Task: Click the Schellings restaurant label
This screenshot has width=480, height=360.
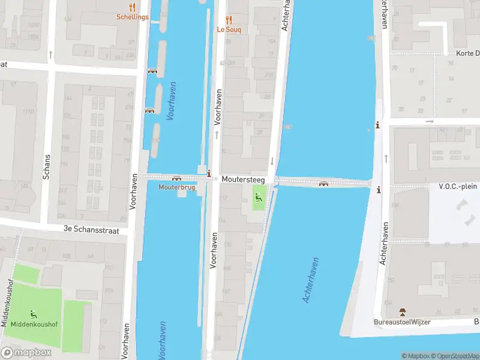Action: (x=133, y=17)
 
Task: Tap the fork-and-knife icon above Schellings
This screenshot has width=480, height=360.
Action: (x=133, y=7)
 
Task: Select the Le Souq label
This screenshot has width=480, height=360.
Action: (x=229, y=29)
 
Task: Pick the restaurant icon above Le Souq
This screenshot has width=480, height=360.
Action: (x=229, y=19)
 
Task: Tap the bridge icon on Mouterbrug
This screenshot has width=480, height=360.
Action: (x=176, y=178)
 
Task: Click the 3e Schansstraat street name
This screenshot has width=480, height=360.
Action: (x=91, y=230)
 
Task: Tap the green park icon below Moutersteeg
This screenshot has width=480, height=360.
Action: (x=259, y=197)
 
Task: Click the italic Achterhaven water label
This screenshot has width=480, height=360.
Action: (x=311, y=280)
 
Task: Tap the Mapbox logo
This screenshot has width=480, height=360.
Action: (x=26, y=353)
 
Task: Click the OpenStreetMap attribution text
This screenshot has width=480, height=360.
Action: (x=454, y=356)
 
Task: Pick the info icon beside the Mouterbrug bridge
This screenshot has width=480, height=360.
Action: (x=208, y=174)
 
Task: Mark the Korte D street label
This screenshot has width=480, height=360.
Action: (x=467, y=53)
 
